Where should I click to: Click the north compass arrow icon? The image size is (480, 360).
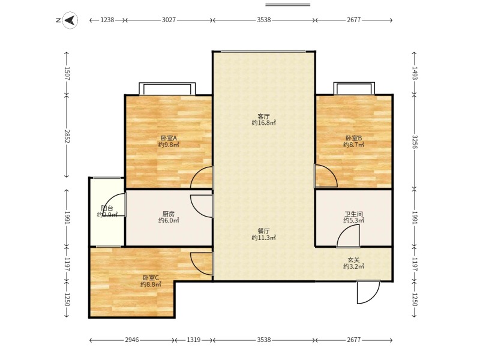(x=70, y=20)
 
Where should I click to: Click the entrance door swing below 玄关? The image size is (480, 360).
(x=368, y=292)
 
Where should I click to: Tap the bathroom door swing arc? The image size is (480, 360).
(x=348, y=236)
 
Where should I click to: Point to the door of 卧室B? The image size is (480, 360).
(x=326, y=176)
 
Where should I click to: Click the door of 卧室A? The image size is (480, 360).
(x=202, y=177)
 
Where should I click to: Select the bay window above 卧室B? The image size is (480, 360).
(x=354, y=88)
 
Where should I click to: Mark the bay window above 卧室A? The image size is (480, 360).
(x=167, y=89)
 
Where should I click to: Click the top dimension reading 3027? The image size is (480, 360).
(x=169, y=20)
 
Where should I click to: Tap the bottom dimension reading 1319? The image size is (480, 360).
(x=194, y=340)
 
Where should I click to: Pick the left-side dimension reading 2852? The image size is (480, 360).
(x=67, y=136)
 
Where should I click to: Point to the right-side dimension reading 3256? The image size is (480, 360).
(x=415, y=142)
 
